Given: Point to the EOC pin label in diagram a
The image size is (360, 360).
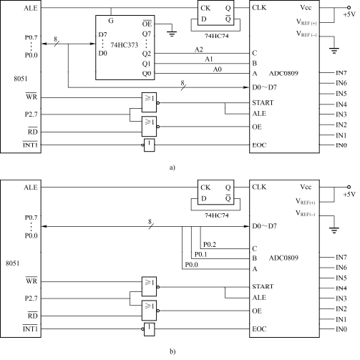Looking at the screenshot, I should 259,145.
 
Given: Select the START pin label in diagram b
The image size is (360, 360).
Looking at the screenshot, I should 263,286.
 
